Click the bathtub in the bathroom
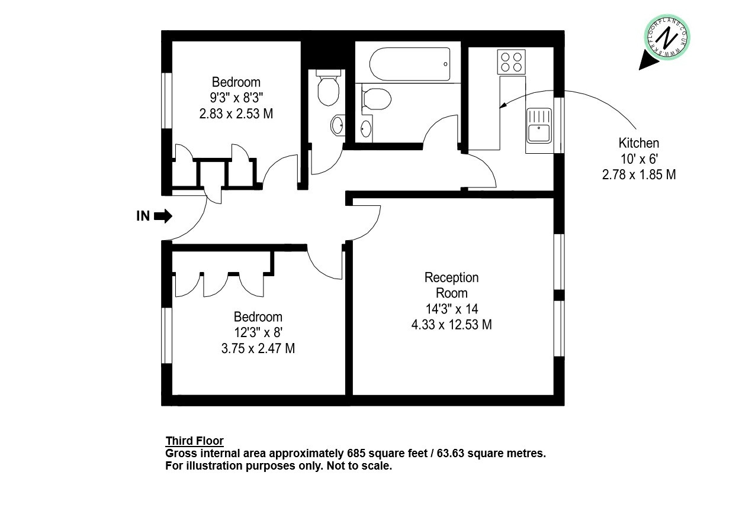(x=409, y=64)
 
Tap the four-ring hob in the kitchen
(x=511, y=62)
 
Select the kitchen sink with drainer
(x=539, y=125)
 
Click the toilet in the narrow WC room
(x=328, y=88)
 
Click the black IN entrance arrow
(x=163, y=216)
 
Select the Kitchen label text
(x=639, y=143)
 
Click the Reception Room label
(x=451, y=285)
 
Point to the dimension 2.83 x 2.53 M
(x=236, y=114)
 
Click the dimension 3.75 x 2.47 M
(x=258, y=348)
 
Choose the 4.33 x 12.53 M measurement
(x=451, y=325)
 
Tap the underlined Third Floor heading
(x=194, y=441)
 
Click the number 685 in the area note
(x=356, y=453)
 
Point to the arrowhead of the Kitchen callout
(x=502, y=105)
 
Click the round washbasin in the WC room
(x=337, y=125)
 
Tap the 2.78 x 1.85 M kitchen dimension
(x=639, y=174)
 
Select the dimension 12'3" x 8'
(x=258, y=332)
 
